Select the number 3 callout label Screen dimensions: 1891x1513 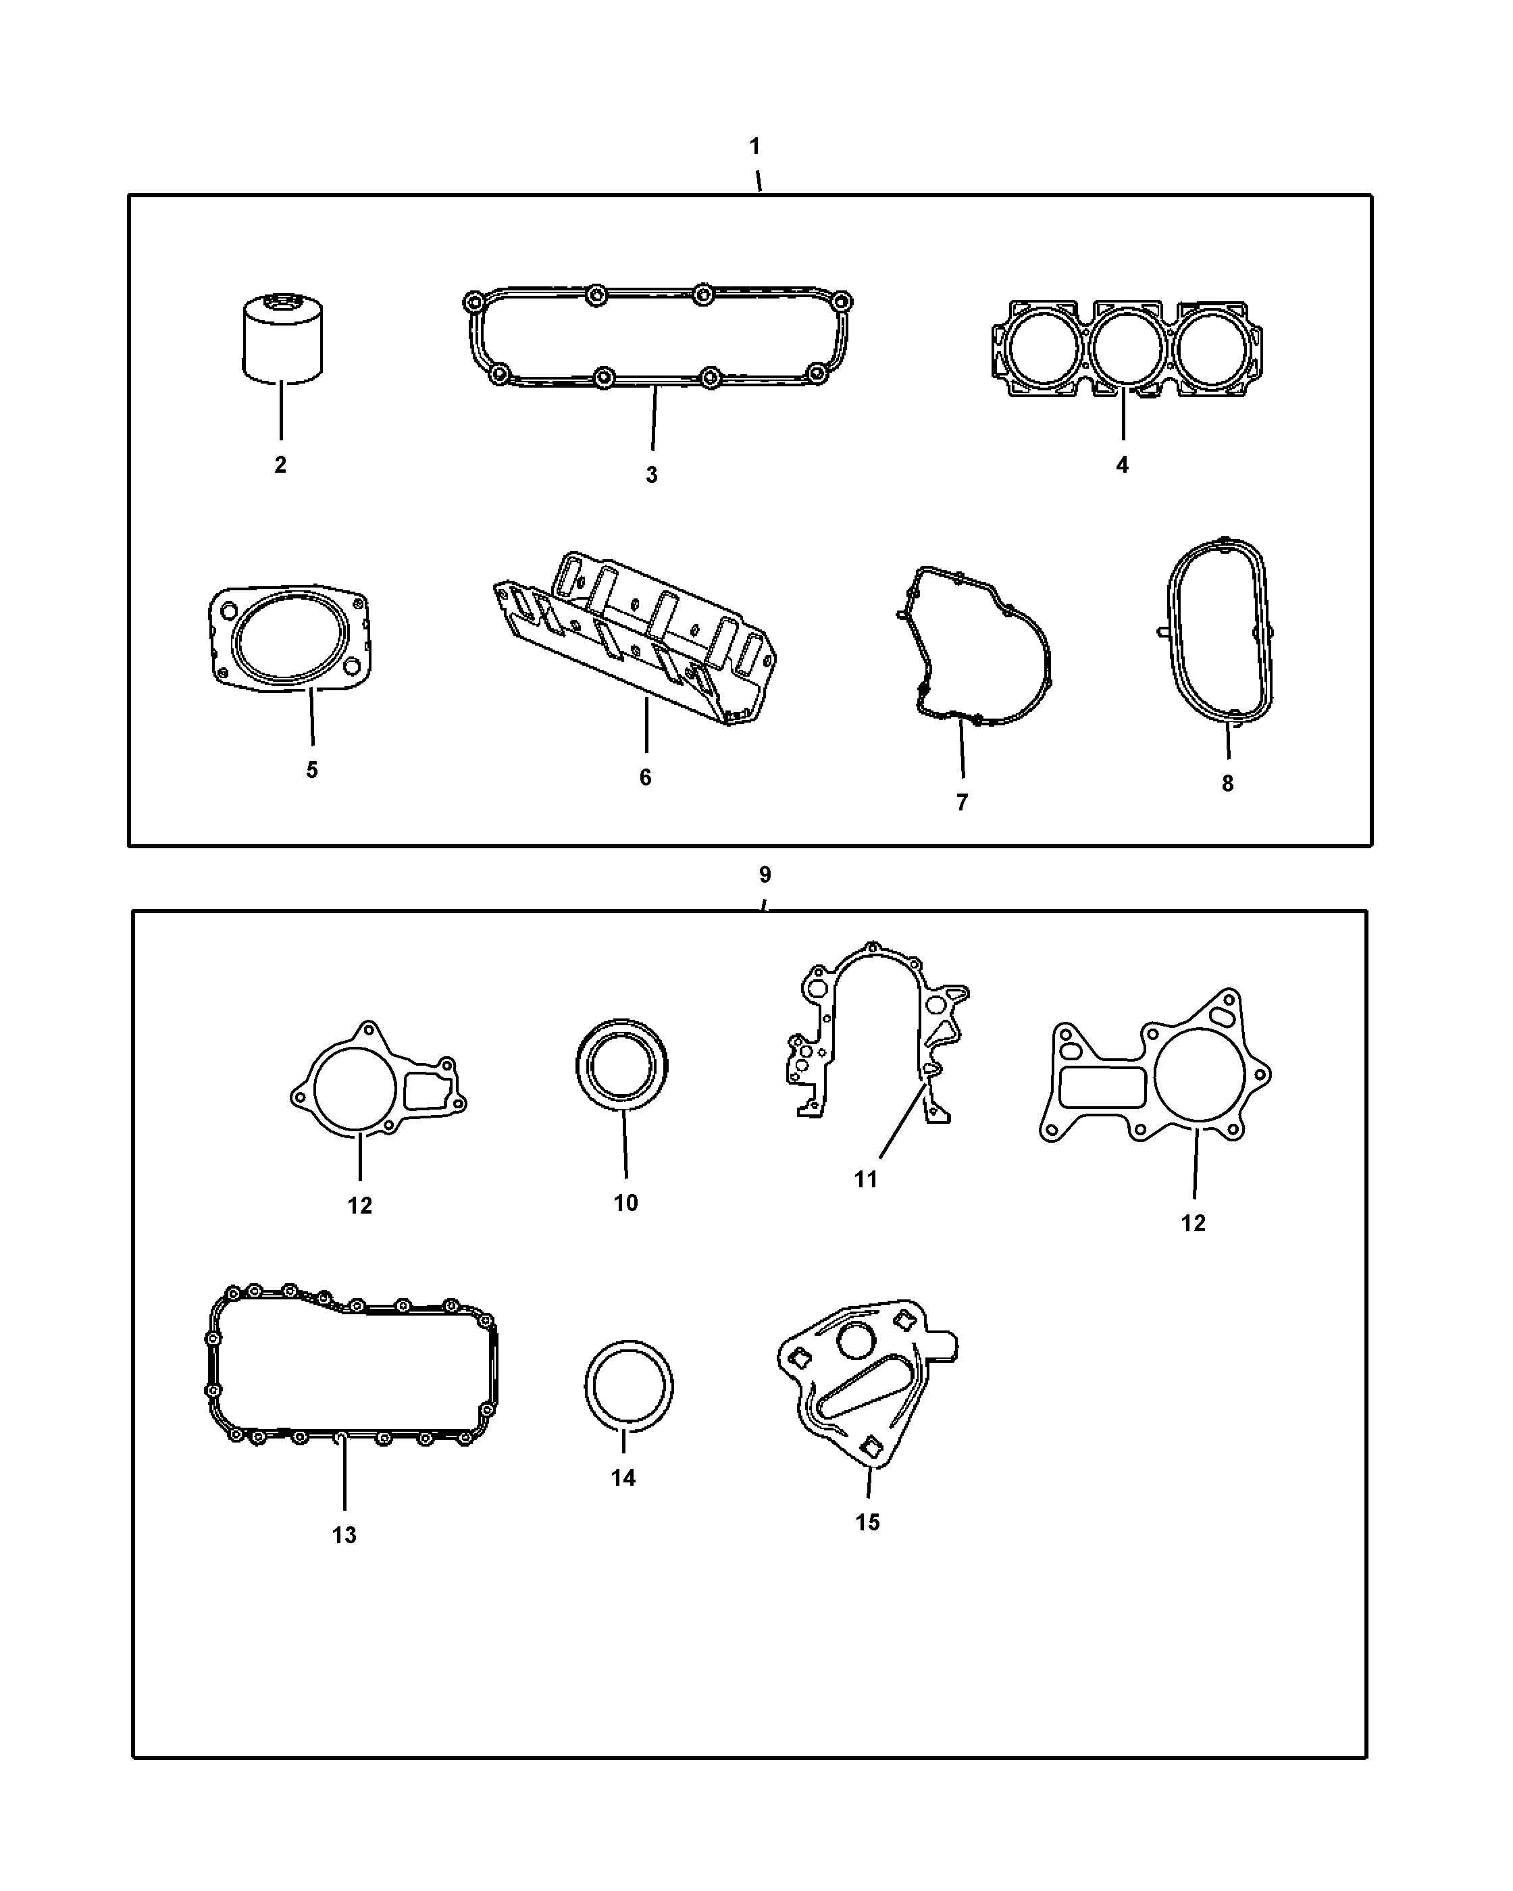[652, 475]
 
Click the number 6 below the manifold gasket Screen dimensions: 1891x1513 [646, 777]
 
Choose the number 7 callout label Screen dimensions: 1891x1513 [963, 802]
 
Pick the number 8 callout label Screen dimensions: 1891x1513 [1227, 783]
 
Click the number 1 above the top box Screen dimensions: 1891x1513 [755, 147]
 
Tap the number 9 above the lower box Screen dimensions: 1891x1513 [765, 875]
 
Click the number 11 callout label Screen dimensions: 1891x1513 [866, 1180]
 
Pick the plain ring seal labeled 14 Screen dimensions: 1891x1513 [629, 1386]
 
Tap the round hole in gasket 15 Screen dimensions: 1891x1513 [854, 1339]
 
